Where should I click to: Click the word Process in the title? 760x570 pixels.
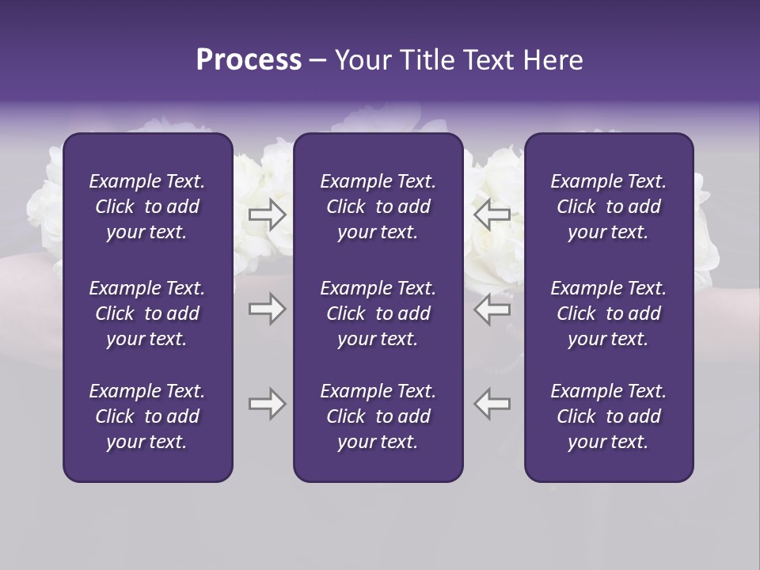click(x=249, y=60)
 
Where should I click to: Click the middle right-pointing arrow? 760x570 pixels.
click(x=267, y=310)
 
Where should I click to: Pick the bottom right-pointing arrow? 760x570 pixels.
click(x=267, y=404)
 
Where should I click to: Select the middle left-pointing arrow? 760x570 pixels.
click(x=492, y=310)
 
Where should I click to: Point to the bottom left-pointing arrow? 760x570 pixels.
click(x=492, y=404)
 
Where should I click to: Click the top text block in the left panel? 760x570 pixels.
click(x=147, y=207)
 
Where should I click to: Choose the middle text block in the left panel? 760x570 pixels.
click(x=147, y=313)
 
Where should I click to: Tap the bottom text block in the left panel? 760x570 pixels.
click(x=147, y=416)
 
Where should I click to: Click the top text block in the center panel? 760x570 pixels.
click(x=378, y=207)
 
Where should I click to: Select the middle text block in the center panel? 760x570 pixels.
click(x=378, y=313)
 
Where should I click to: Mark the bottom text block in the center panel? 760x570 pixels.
click(x=378, y=416)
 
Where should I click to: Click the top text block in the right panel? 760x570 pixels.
click(x=608, y=207)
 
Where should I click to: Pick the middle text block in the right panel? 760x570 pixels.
click(x=608, y=313)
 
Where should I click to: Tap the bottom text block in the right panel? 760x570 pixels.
click(x=608, y=416)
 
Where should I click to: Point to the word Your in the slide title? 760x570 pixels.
click(x=359, y=60)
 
